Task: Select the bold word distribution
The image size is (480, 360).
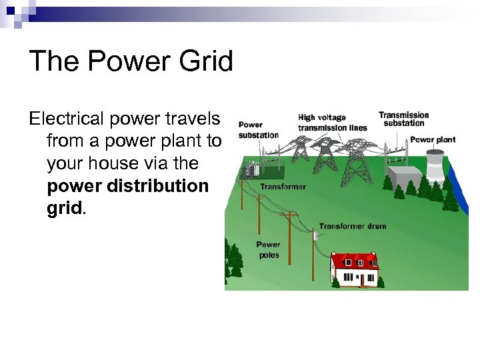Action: (160, 186)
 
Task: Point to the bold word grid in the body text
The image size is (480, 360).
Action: (64, 208)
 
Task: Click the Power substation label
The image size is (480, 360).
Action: (258, 129)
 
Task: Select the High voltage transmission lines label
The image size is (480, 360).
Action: (332, 123)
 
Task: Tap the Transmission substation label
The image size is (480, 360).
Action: (403, 119)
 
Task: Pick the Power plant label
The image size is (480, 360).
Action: (433, 140)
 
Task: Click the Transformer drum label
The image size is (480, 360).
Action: (352, 227)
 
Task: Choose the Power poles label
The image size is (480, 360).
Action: (268, 249)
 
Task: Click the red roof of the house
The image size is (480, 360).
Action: (354, 259)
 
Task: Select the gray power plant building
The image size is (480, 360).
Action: (406, 175)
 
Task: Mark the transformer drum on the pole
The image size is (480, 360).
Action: (316, 234)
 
